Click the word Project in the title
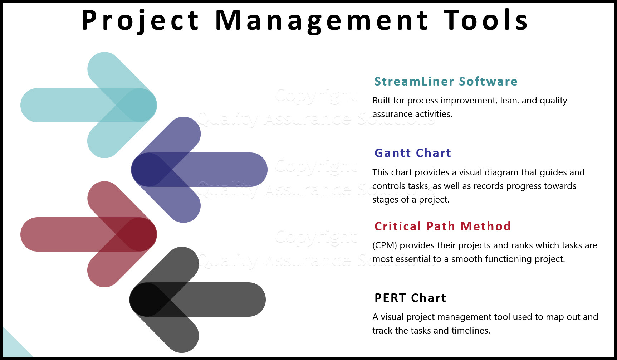(x=140, y=20)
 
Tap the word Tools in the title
(x=486, y=20)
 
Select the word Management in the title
(x=321, y=20)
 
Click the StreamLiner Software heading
(x=446, y=82)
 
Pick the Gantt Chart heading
(x=412, y=153)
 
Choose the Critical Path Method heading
(x=442, y=227)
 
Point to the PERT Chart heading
(x=410, y=298)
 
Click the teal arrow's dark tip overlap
(x=139, y=105)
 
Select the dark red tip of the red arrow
(x=139, y=234)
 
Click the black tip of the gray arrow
(x=147, y=300)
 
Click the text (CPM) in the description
(x=385, y=245)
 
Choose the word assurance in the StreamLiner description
(x=391, y=114)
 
